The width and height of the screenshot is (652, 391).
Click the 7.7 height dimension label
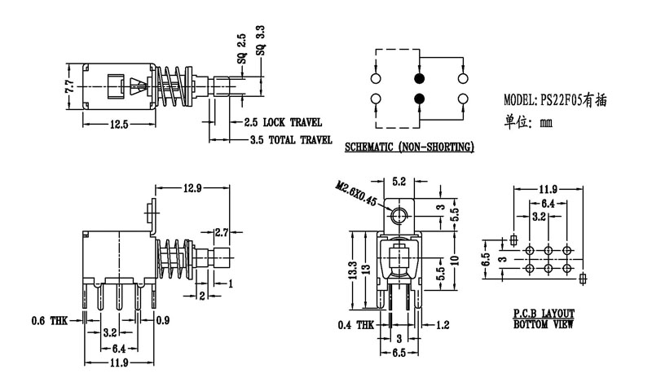[x=70, y=86]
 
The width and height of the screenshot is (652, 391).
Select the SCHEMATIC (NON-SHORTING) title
[x=408, y=147]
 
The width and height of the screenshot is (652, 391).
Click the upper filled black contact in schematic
[x=419, y=79]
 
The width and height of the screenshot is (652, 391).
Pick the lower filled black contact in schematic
[x=419, y=99]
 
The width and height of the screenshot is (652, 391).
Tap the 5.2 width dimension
[x=399, y=182]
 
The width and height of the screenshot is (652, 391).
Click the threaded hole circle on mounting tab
[x=399, y=215]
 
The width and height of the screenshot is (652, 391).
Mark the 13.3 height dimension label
[x=352, y=268]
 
